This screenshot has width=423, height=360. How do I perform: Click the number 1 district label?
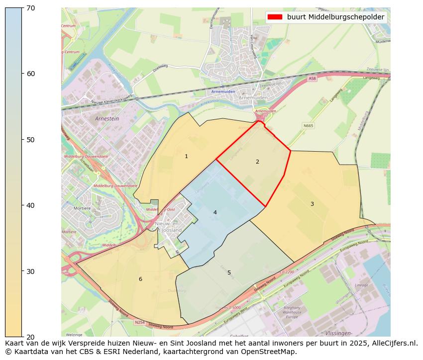(x=186, y=156)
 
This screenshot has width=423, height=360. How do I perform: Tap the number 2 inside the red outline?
(x=257, y=162)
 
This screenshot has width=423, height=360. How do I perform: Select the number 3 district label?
(x=312, y=204)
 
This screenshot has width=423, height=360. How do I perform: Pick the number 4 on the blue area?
(x=215, y=212)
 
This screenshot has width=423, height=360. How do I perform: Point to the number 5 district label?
(x=229, y=272)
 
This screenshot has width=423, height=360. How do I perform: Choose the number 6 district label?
(x=140, y=279)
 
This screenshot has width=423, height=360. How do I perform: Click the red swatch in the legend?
(x=275, y=17)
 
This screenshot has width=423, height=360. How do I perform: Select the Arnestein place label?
(x=106, y=119)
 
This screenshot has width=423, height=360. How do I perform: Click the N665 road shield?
(x=309, y=125)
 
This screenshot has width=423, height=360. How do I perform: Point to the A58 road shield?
(x=312, y=79)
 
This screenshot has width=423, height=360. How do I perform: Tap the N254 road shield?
(x=140, y=322)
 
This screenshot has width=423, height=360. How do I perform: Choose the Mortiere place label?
(x=82, y=208)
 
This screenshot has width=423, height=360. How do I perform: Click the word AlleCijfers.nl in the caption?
(x=390, y=343)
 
